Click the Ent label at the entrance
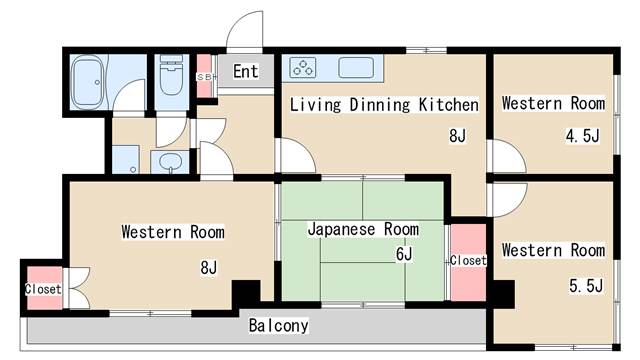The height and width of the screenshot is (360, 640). tap(246, 71)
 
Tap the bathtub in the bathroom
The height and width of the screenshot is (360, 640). tap(87, 82)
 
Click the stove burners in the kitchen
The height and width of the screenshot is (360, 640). tap(303, 67)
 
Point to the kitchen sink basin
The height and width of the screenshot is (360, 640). tap(356, 67)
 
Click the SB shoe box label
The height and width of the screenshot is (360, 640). tap(204, 77)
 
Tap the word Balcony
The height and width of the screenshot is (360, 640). tap(278, 326)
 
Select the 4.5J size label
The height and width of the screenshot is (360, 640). tap(582, 136)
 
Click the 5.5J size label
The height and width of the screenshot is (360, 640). tap(586, 286)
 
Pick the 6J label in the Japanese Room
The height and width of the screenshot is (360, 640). tap(404, 254)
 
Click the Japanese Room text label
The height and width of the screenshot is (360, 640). tap(363, 229)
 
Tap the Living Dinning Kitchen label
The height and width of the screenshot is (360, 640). tap(384, 104)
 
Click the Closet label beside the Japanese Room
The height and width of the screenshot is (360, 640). tap(468, 260)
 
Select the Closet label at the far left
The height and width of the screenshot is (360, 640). tap(43, 289)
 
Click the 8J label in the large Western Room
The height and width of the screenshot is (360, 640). tap(209, 267)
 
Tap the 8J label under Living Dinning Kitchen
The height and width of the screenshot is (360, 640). tap(457, 136)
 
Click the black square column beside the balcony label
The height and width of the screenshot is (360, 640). tap(246, 293)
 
